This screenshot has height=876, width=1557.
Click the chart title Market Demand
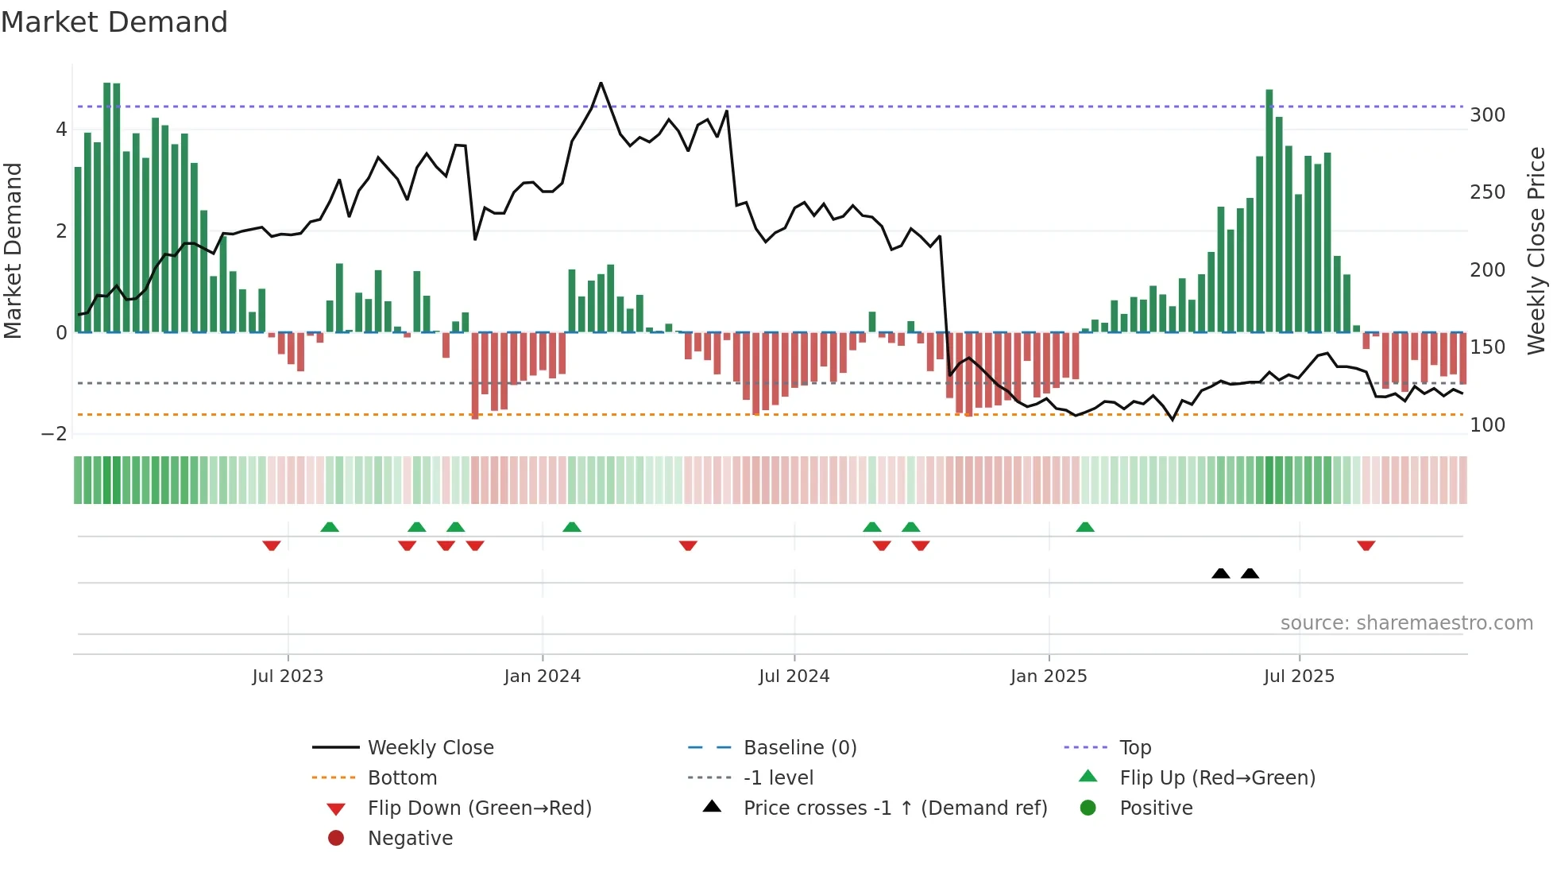pyautogui.click(x=114, y=22)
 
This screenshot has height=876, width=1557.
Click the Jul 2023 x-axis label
pyautogui.click(x=288, y=676)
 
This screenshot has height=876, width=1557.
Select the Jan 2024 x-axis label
pyautogui.click(x=542, y=676)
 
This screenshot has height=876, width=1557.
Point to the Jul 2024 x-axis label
pyautogui.click(x=794, y=676)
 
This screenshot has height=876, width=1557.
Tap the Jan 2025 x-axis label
pyautogui.click(x=1049, y=676)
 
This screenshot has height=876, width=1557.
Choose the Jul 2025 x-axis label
pyautogui.click(x=1299, y=676)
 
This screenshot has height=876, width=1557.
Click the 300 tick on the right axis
pyautogui.click(x=1487, y=115)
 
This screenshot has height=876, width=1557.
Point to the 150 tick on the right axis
pyautogui.click(x=1487, y=347)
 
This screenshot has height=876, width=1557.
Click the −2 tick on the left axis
pyautogui.click(x=54, y=434)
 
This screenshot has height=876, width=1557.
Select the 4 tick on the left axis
pyautogui.click(x=61, y=130)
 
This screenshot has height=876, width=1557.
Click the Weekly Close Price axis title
pyautogui.click(x=1536, y=250)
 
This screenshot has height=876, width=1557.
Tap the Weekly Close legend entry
pyautogui.click(x=430, y=748)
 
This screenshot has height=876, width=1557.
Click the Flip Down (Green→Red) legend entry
pyautogui.click(x=479, y=808)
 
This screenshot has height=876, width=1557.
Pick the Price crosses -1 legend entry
pyautogui.click(x=894, y=808)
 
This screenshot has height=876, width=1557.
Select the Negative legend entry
pyautogui.click(x=410, y=839)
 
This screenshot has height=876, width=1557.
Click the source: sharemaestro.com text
pyautogui.click(x=1406, y=623)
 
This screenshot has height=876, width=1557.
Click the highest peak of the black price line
pyautogui.click(x=601, y=83)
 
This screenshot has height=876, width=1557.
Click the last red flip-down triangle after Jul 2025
pyautogui.click(x=1366, y=546)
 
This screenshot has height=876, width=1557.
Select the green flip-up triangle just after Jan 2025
pyautogui.click(x=1085, y=527)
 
